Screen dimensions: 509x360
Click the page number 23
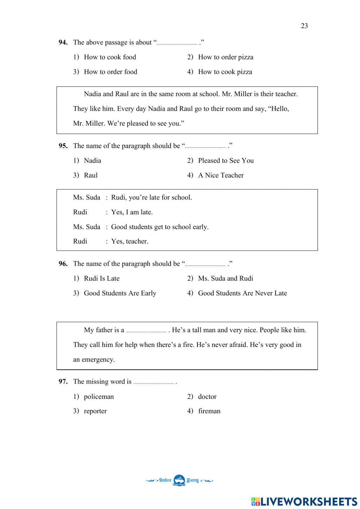click(304, 26)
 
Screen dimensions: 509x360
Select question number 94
click(63, 43)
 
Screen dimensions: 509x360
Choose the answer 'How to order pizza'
click(225, 57)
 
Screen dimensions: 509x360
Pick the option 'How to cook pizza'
click(225, 72)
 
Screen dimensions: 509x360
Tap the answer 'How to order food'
click(110, 72)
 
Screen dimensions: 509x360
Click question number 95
click(63, 146)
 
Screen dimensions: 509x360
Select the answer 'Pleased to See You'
click(226, 161)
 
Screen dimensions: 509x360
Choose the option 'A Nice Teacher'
click(221, 175)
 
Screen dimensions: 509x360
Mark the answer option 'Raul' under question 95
click(90, 175)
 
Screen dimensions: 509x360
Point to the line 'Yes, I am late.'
click(132, 212)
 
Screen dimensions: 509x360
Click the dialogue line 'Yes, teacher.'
click(130, 241)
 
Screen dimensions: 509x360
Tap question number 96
click(63, 264)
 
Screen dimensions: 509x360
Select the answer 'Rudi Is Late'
click(102, 278)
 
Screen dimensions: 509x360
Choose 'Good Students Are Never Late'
click(242, 293)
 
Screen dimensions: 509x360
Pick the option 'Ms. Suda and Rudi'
click(225, 278)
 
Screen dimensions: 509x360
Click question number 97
click(63, 381)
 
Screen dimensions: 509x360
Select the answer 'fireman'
click(209, 411)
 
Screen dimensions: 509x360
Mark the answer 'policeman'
click(99, 397)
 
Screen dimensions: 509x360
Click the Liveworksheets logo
click(304, 501)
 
